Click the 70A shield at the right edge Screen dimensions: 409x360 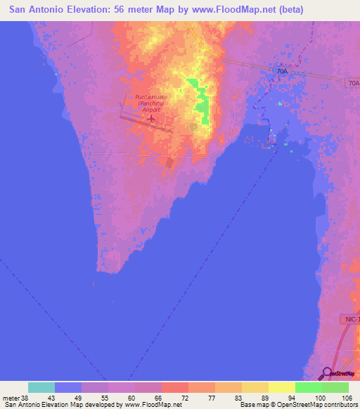point(353,83)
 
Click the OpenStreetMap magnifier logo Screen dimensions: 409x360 point(327,372)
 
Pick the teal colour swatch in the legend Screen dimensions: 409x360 point(41,387)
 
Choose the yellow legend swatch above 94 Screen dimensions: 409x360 point(281,387)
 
